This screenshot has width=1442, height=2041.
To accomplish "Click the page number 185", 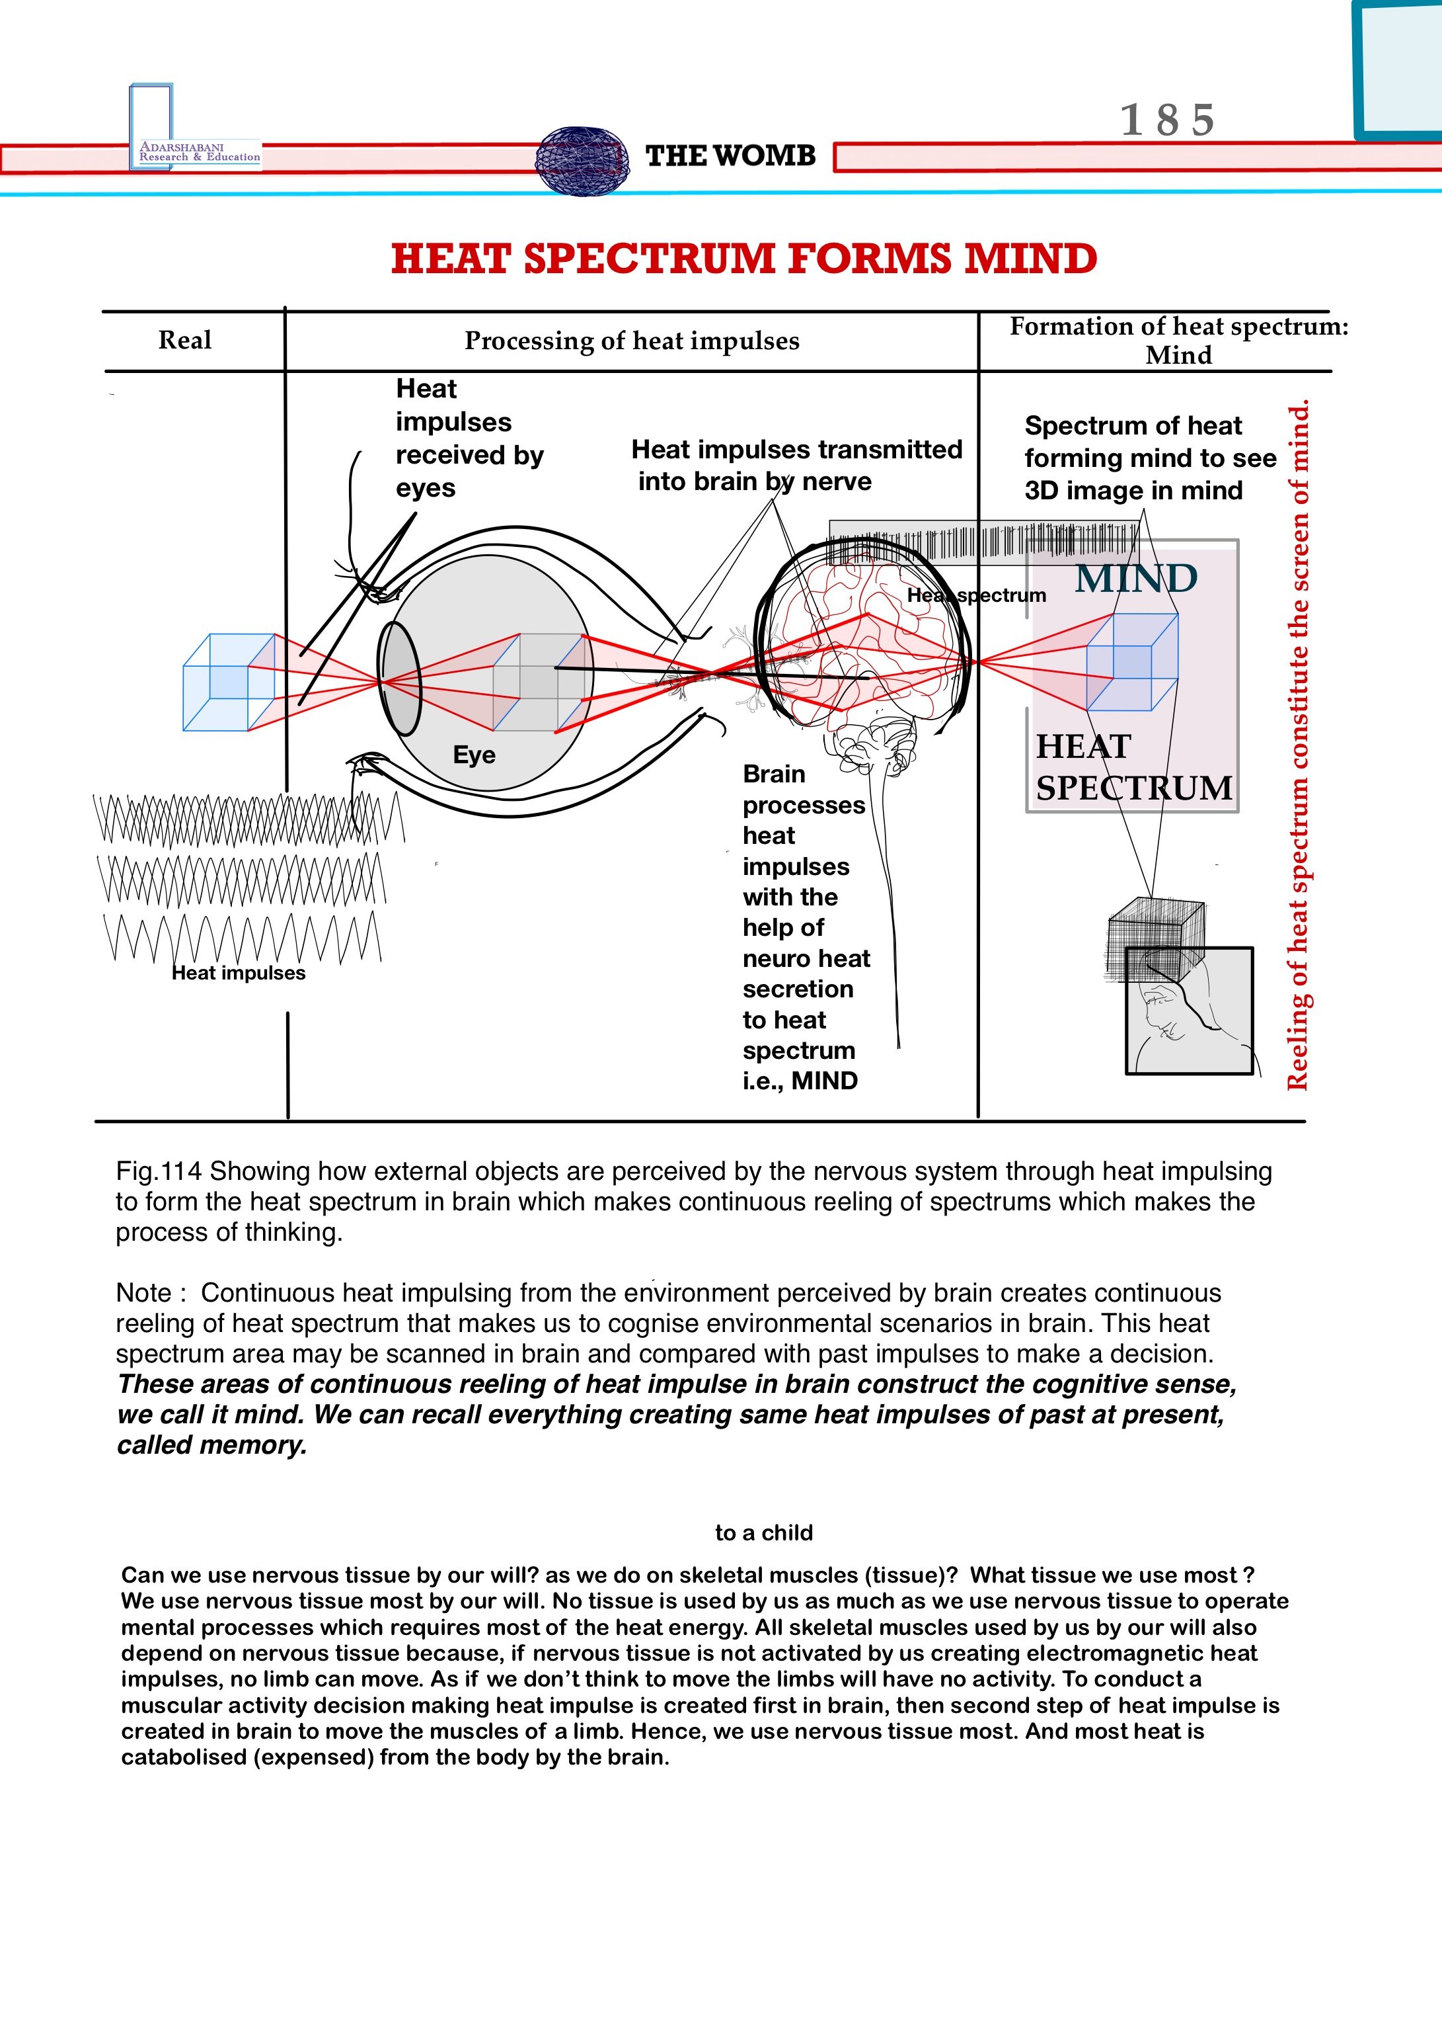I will pos(1166,120).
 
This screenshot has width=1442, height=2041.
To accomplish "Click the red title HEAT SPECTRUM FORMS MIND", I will pos(743,259).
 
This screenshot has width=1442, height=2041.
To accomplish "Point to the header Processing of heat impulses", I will pos(632,341).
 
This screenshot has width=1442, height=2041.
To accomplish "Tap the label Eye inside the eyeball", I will pos(474,755).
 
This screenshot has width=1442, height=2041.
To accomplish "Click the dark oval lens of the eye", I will pos(399,679).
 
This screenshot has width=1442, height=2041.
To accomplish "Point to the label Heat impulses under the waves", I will pos(238,974).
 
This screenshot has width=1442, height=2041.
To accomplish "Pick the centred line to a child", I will pos(763,1532).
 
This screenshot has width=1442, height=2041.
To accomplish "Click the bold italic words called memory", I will pos(211,1445).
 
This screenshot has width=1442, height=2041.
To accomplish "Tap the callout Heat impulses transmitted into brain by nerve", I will pos(796,465).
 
